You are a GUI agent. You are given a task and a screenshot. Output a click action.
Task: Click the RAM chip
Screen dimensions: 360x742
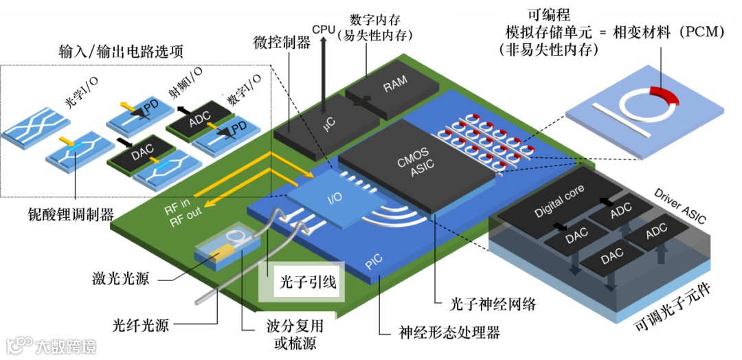[x=396, y=86]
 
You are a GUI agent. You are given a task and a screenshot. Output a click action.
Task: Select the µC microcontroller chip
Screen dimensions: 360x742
[x=328, y=126]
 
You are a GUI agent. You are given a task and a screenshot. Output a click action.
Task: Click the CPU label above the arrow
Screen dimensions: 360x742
[x=324, y=30]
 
